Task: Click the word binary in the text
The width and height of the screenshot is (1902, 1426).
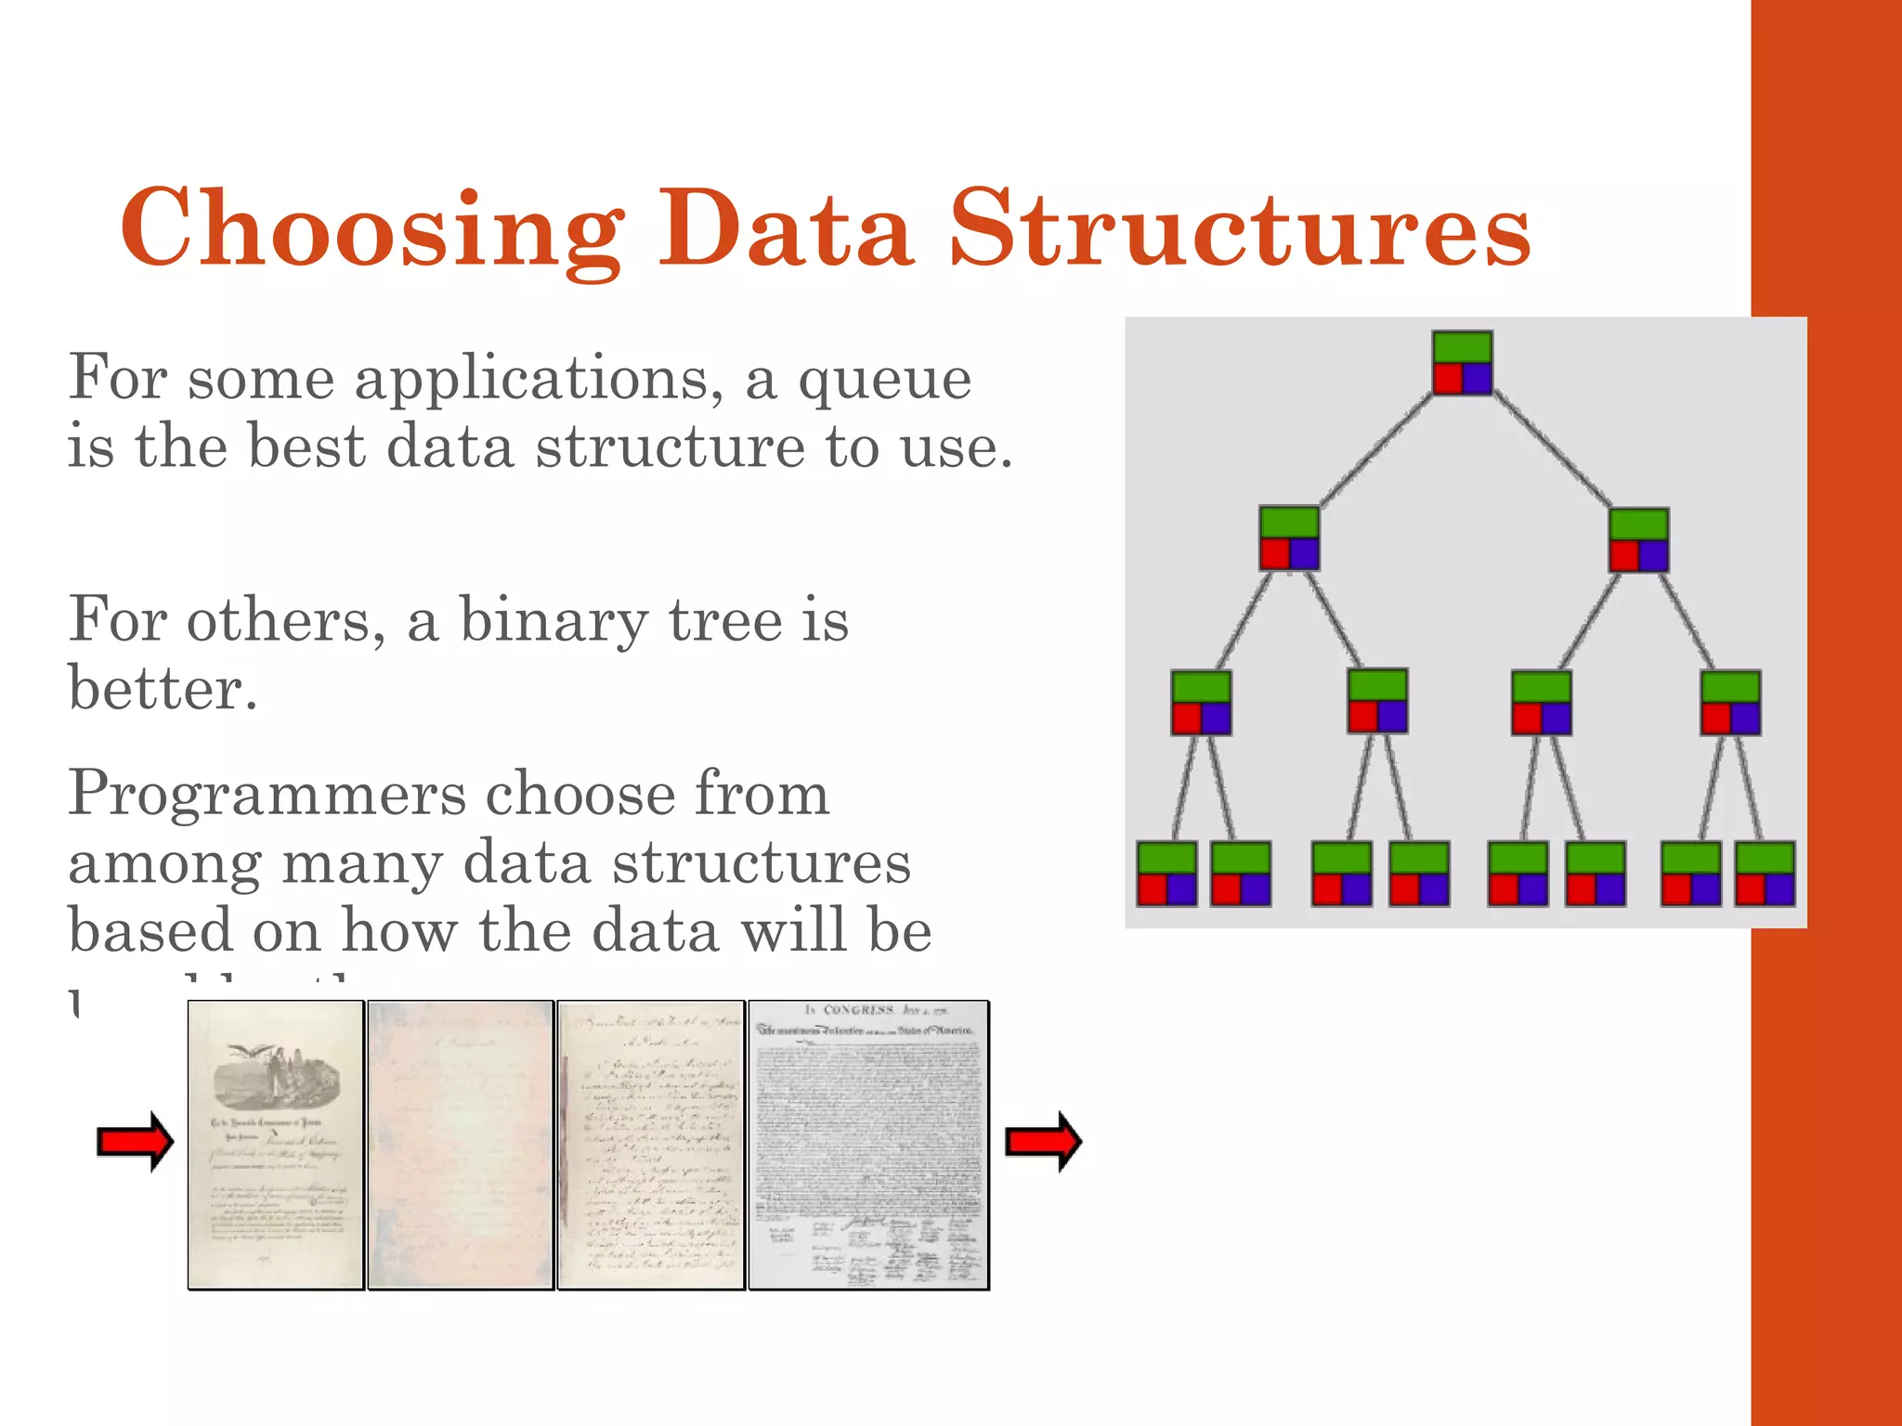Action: (x=554, y=620)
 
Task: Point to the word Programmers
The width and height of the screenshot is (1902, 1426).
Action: (x=267, y=795)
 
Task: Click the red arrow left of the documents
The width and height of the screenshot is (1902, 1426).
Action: (x=136, y=1141)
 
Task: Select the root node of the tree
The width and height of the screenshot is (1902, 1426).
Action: (x=1462, y=363)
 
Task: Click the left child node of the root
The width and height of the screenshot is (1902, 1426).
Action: (x=1289, y=538)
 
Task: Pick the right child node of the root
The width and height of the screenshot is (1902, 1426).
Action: (x=1638, y=539)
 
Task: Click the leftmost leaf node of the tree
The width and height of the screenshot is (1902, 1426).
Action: (x=1166, y=874)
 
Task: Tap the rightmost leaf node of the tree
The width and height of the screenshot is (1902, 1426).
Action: (x=1765, y=874)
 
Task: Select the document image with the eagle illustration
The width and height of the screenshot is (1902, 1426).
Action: (x=275, y=1145)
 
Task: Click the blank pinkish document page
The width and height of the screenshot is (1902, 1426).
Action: (x=461, y=1145)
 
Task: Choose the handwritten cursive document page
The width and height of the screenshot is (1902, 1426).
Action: (x=650, y=1145)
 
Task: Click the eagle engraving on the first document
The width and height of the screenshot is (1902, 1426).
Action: (x=275, y=1077)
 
